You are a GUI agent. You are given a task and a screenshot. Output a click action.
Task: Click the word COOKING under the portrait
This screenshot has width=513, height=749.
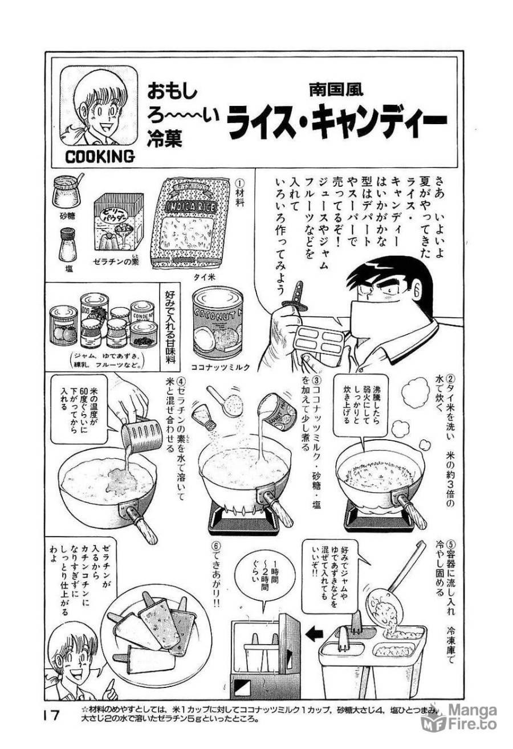(100, 156)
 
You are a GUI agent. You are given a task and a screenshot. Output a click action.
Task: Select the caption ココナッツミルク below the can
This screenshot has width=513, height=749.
(220, 368)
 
